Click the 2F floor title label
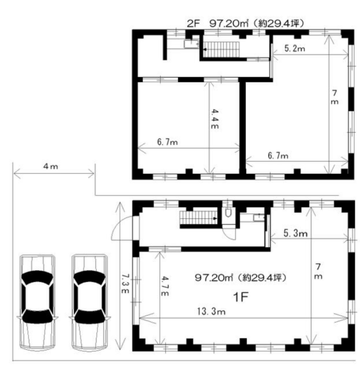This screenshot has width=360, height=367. [x=245, y=24]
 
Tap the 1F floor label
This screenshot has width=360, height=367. [x=240, y=297]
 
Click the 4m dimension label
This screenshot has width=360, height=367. [x=51, y=166]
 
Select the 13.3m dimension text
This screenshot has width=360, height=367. [x=211, y=311]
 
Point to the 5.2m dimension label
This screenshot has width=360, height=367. [x=295, y=48]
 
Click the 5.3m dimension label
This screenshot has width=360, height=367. [x=295, y=233]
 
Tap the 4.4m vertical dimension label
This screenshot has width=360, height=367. [x=215, y=119]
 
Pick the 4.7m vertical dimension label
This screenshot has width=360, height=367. [x=165, y=286]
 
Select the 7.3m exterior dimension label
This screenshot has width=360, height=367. [x=125, y=283]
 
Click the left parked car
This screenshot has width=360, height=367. [x=37, y=302]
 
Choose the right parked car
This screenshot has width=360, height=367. [x=90, y=302]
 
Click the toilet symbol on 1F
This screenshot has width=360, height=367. [x=228, y=212]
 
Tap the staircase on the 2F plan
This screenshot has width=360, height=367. [x=221, y=50]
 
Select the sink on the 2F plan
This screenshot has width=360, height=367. [x=191, y=44]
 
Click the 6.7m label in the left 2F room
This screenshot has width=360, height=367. [x=167, y=142]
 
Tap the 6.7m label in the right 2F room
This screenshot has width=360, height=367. [x=278, y=155]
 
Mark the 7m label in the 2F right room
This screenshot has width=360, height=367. [x=335, y=97]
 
